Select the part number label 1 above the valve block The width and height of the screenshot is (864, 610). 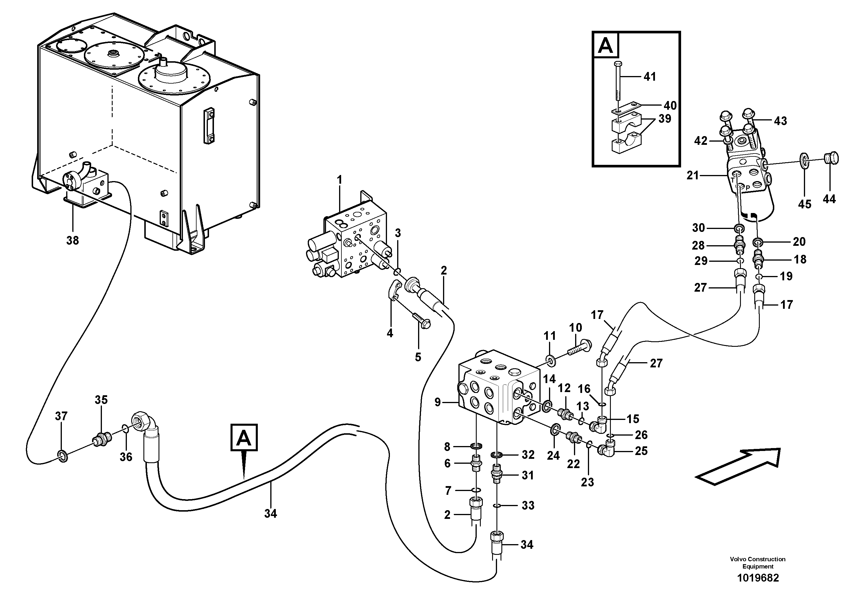(339, 180)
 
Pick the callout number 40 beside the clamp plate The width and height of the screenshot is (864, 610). (670, 105)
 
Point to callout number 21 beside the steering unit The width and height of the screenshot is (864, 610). (692, 175)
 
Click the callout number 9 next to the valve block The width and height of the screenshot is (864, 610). (437, 403)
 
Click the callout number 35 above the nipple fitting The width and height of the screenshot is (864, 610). (101, 400)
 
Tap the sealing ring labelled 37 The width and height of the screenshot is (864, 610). (63, 456)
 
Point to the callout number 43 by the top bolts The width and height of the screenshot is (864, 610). (780, 121)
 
